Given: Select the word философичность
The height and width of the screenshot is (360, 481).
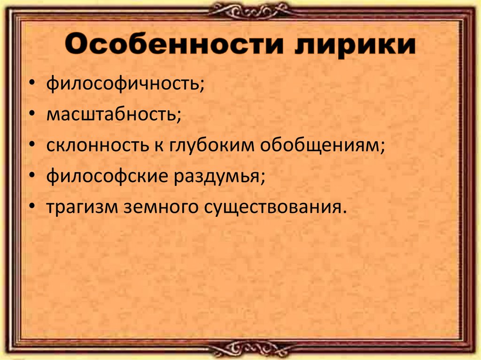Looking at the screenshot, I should (125, 86).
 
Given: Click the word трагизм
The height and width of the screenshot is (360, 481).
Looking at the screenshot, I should (81, 207).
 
